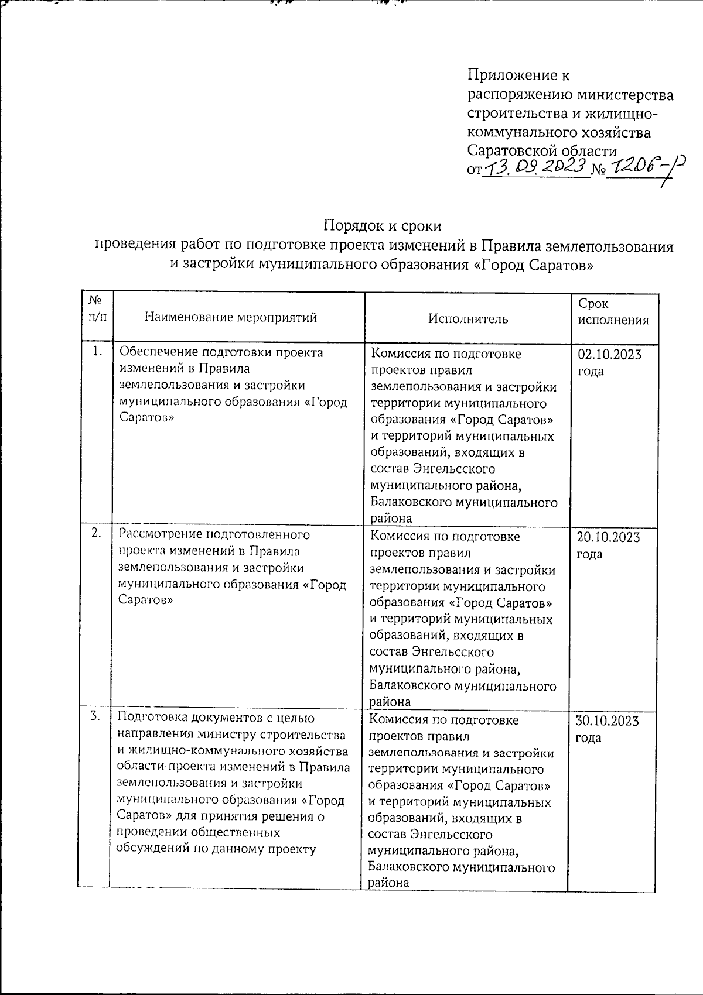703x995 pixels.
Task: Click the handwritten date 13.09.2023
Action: tap(535, 168)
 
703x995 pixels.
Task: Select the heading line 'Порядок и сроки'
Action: tap(383, 226)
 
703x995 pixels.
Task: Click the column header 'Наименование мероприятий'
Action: tap(231, 318)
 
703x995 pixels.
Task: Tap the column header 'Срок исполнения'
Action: tap(613, 312)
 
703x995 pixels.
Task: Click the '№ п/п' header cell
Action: tap(95, 308)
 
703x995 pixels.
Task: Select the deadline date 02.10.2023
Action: tap(609, 355)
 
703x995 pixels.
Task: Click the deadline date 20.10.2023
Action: tap(609, 538)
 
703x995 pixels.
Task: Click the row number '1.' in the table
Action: tap(97, 351)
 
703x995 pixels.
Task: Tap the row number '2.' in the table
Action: tap(97, 533)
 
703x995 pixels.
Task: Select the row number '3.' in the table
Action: tap(95, 715)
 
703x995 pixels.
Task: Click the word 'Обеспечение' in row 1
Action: tap(158, 352)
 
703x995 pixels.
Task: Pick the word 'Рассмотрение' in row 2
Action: tap(158, 534)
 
